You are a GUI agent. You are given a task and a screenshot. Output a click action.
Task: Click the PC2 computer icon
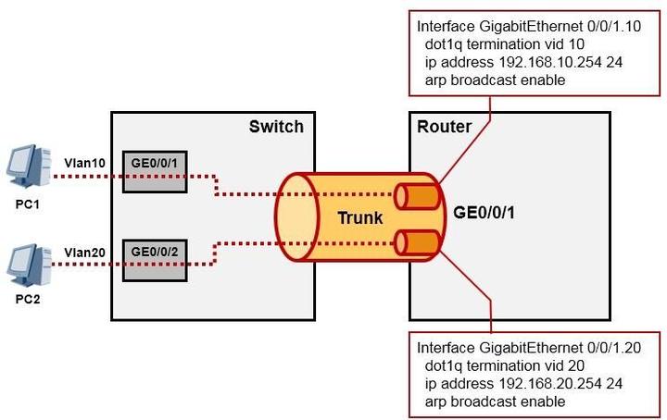point(28,265)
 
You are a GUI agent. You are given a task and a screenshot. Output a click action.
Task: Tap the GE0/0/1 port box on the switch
point(154,175)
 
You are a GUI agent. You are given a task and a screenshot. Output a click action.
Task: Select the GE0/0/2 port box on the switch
point(154,252)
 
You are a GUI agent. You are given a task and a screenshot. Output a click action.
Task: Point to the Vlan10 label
point(85,164)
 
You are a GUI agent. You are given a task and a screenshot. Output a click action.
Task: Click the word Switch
point(276,126)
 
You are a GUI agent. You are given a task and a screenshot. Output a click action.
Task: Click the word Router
point(445,126)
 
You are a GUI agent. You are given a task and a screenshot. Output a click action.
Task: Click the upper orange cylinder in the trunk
point(416,196)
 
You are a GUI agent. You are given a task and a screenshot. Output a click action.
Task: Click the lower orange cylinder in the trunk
point(416,242)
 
